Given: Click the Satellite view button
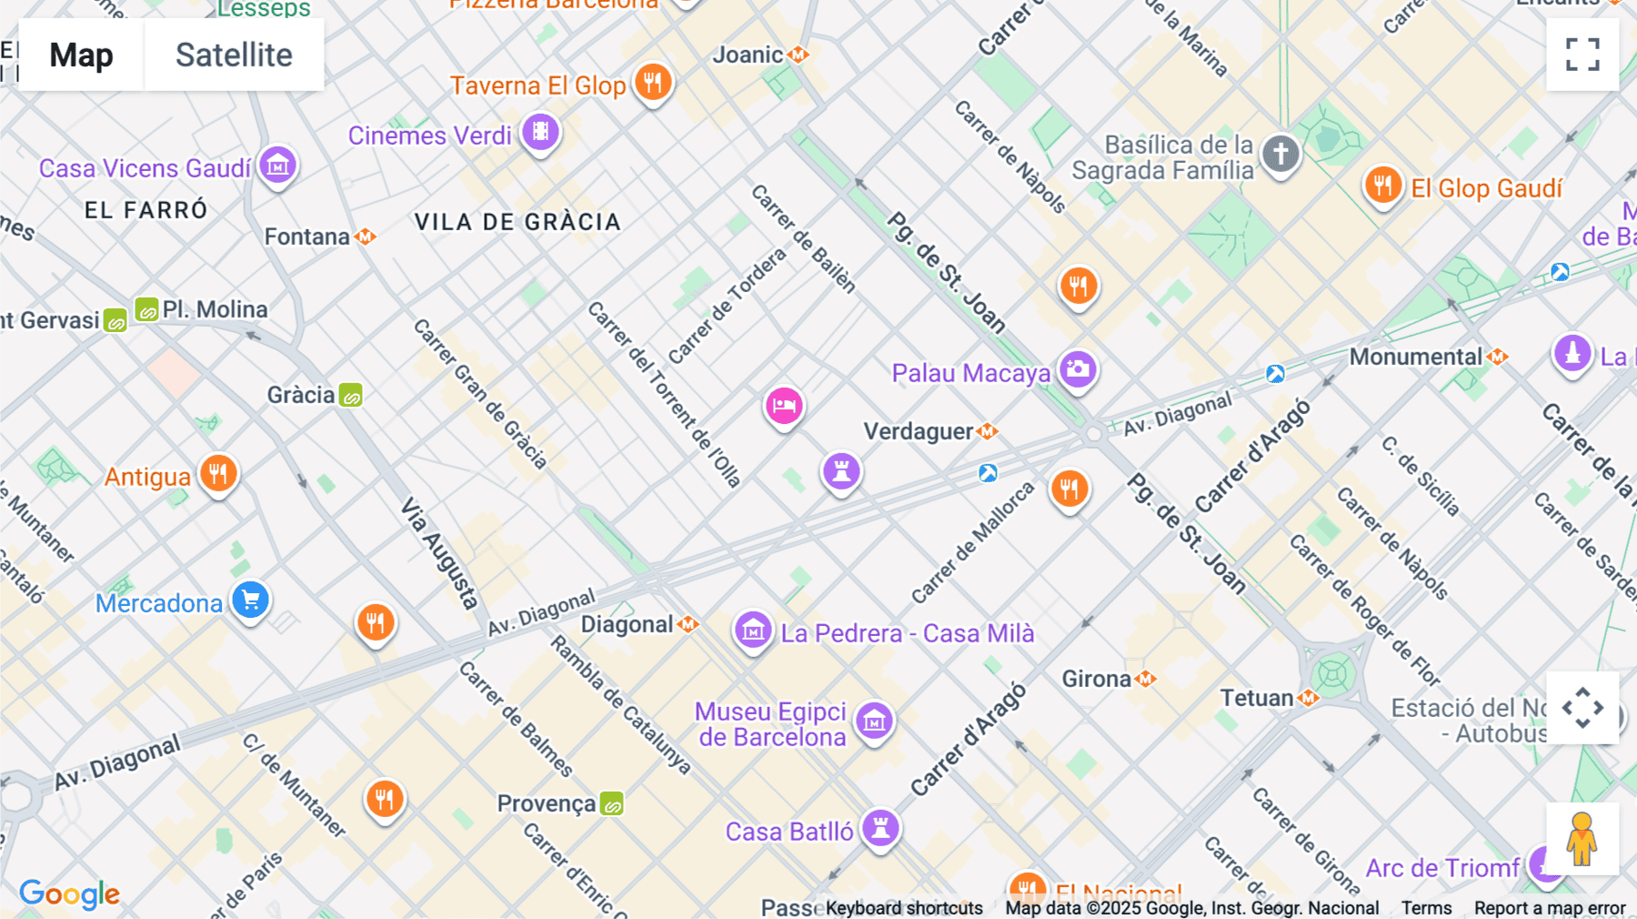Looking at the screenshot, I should (234, 55).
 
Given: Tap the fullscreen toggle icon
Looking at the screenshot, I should (1582, 55).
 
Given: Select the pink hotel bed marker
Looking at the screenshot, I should (784, 406).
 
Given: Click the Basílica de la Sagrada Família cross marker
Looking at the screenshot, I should (1280, 154).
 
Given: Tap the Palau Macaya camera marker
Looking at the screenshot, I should (1079, 369).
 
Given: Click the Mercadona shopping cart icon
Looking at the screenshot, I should (251, 601).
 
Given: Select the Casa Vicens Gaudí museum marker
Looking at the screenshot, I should (278, 166).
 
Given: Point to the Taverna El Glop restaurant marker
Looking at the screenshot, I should (653, 83).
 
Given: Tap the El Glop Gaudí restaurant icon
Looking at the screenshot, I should (1382, 186).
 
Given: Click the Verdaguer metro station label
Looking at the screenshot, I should (919, 431).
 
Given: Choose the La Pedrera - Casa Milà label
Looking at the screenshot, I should (907, 633).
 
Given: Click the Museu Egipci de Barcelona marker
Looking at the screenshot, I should (875, 722).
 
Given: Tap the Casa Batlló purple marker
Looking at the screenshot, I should (880, 828).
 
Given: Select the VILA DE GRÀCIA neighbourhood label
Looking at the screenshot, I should (517, 222).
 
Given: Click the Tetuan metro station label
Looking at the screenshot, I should (1257, 698).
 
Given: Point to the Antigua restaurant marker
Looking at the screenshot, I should (219, 473).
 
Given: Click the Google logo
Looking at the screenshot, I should (69, 894).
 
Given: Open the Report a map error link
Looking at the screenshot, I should (1549, 908).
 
